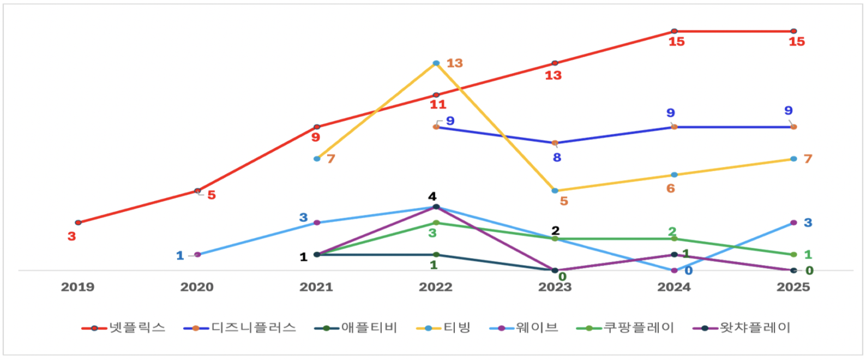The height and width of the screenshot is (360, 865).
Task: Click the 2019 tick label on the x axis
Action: pyautogui.click(x=77, y=287)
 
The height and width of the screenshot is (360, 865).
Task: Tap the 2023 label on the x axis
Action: pyautogui.click(x=555, y=287)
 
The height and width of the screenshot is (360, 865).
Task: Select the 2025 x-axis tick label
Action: pyautogui.click(x=793, y=287)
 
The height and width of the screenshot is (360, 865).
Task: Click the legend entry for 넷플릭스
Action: pyautogui.click(x=124, y=328)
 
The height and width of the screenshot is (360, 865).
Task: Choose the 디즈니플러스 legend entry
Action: pyautogui.click(x=241, y=328)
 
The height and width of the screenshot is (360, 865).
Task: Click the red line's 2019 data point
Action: pyautogui.click(x=78, y=223)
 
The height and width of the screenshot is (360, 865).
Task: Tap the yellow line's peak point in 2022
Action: pyautogui.click(x=436, y=63)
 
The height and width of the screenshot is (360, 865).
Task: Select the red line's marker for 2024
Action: pyautogui.click(x=674, y=31)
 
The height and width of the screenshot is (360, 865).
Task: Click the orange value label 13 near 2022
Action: pyautogui.click(x=455, y=63)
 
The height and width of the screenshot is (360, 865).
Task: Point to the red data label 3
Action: pyautogui.click(x=71, y=237)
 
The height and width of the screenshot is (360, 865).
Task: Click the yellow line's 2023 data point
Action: pyautogui.click(x=555, y=191)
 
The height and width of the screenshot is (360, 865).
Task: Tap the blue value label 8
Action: pyautogui.click(x=557, y=158)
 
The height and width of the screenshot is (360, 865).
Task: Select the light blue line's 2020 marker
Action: pyautogui.click(x=197, y=255)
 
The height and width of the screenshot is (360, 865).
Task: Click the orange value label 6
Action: pyautogui.click(x=671, y=189)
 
